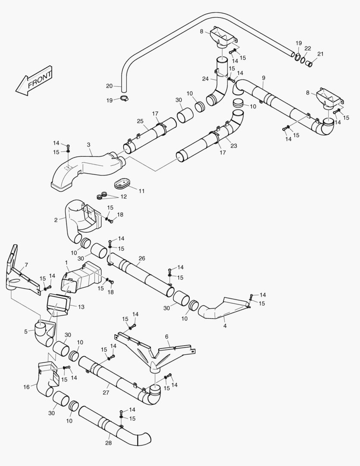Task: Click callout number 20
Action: point(109,86)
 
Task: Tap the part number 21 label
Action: point(320,54)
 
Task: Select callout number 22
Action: point(307,48)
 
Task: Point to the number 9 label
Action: point(263,78)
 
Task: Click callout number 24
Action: point(205,79)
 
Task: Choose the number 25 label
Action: point(140,121)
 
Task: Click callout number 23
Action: point(234,146)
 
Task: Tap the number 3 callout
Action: point(88,145)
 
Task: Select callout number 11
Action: point(141,190)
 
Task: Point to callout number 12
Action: point(123,196)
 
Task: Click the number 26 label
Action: point(142,258)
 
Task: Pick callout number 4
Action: point(225,326)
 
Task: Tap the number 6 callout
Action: point(166,337)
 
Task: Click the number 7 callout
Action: point(26,264)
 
